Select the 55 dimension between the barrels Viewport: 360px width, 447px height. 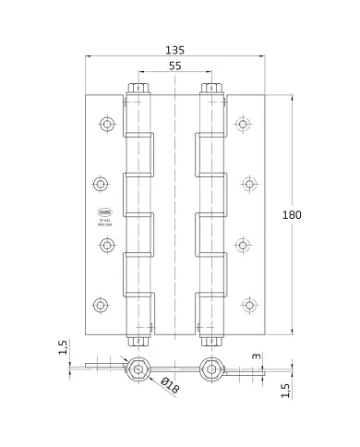coord(173,68)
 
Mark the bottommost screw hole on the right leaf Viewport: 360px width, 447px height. coord(247,304)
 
